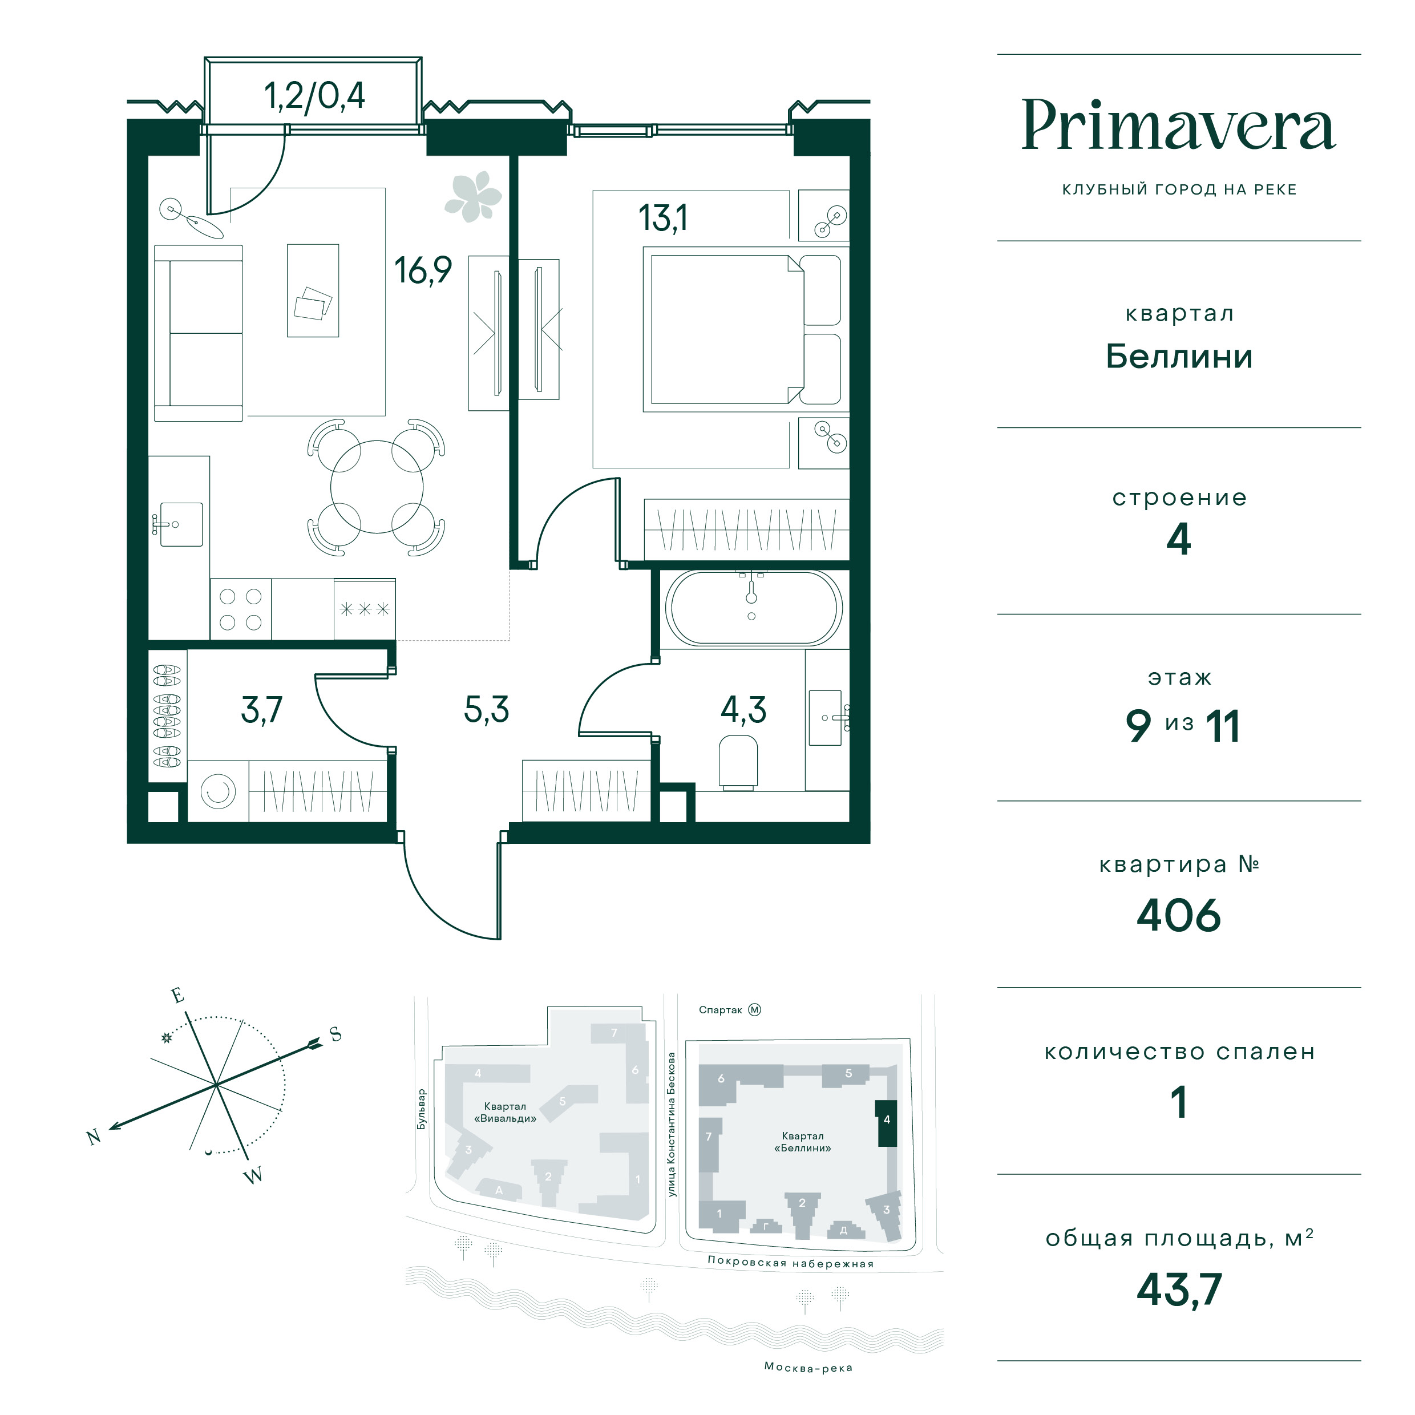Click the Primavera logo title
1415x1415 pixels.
click(x=1178, y=126)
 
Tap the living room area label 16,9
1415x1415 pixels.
click(x=423, y=270)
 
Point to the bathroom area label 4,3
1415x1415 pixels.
click(x=743, y=709)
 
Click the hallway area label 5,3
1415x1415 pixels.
click(x=486, y=709)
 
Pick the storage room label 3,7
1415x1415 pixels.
click(x=261, y=710)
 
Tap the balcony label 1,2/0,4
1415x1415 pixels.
click(x=314, y=96)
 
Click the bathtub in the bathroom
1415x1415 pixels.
click(x=754, y=608)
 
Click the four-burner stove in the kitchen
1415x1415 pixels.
click(x=241, y=609)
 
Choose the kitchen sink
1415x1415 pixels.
click(x=179, y=524)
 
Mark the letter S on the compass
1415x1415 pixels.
click(x=335, y=1034)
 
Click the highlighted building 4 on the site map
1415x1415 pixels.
click(x=887, y=1123)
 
